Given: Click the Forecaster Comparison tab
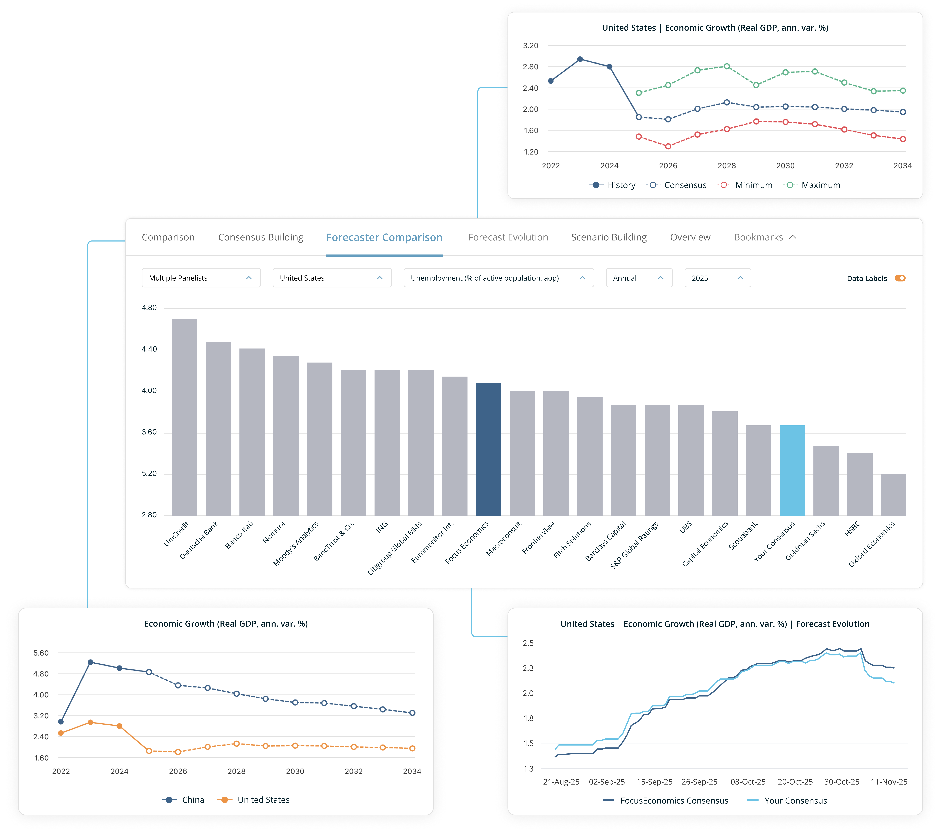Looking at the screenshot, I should click(384, 237).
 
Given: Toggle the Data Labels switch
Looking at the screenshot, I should click(900, 278).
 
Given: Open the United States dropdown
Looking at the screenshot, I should click(332, 278).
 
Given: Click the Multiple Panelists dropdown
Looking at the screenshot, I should click(201, 278).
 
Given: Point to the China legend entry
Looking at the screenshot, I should click(183, 800).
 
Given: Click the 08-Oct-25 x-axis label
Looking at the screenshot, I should click(747, 782).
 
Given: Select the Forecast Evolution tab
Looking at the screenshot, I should click(508, 237).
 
